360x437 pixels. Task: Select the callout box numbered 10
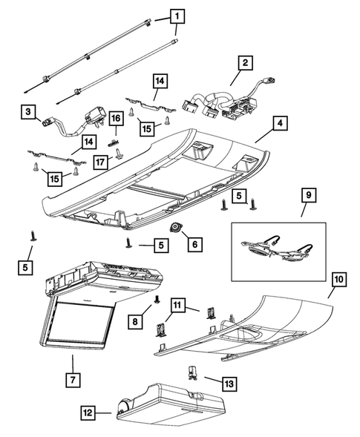338,280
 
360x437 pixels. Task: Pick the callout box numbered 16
116,119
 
